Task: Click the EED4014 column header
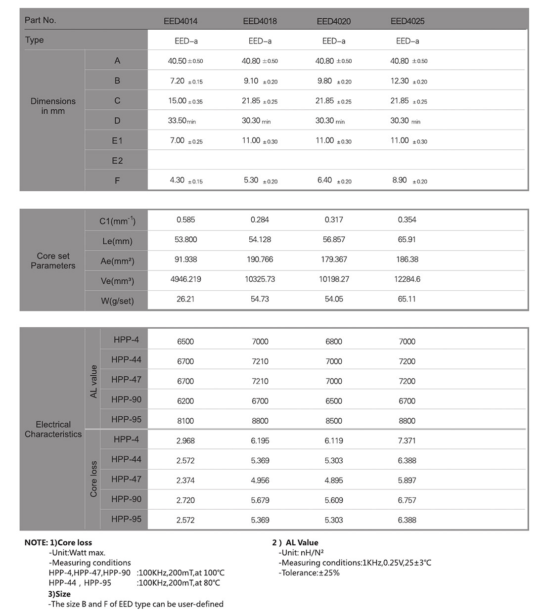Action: click(181, 21)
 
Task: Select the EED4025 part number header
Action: click(408, 21)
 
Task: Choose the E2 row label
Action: click(117, 161)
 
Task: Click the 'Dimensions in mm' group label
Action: click(53, 106)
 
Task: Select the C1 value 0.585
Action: click(185, 220)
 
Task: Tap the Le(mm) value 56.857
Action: click(334, 239)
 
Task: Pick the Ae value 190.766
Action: click(260, 259)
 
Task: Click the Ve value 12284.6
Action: click(407, 279)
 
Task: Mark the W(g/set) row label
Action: click(117, 301)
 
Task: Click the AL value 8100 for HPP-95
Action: click(185, 421)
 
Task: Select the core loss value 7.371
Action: click(407, 440)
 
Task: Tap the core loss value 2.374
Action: click(185, 480)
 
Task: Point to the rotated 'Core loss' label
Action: click(93, 479)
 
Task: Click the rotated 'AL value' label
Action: click(93, 381)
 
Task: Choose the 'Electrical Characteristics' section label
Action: click(53, 429)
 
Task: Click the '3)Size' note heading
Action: click(59, 594)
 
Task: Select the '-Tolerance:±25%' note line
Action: click(309, 572)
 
